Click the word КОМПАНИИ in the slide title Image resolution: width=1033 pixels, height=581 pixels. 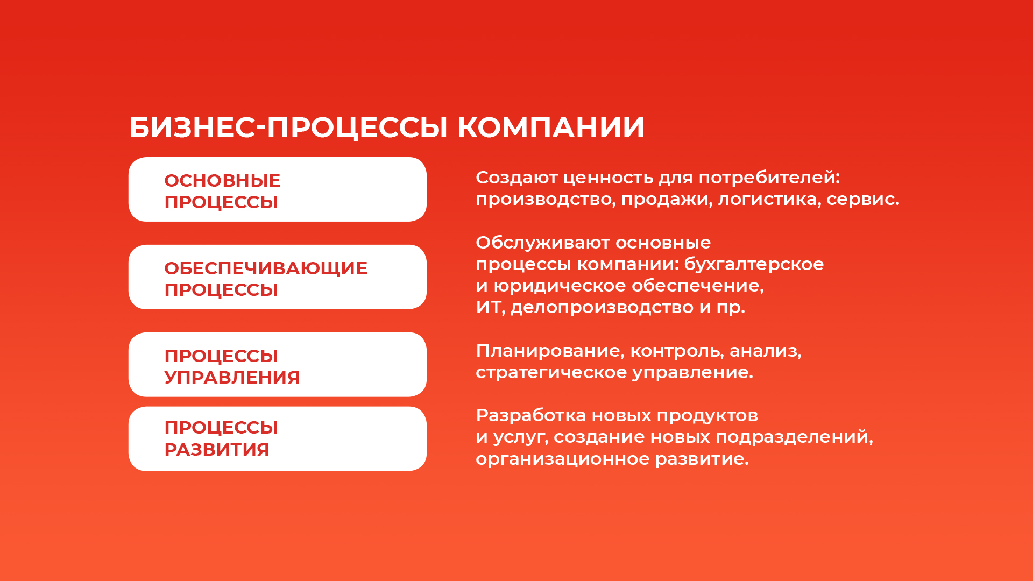coord(550,127)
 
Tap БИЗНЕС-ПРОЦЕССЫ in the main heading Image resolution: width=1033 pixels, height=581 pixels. coord(288,128)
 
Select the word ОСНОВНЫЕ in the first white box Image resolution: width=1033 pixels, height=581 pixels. coord(222,180)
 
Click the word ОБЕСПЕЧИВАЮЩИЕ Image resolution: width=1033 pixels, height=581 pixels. coord(266,268)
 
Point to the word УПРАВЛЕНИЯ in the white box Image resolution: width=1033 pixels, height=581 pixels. coord(232,377)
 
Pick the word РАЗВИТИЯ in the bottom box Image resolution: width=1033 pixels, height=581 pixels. coord(217,449)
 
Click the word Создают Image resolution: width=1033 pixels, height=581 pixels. coord(516,178)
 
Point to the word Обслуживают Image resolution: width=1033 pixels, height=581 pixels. coord(542,243)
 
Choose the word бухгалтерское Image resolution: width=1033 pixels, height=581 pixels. coord(754,264)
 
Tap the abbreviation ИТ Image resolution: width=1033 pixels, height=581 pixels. coord(489,307)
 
